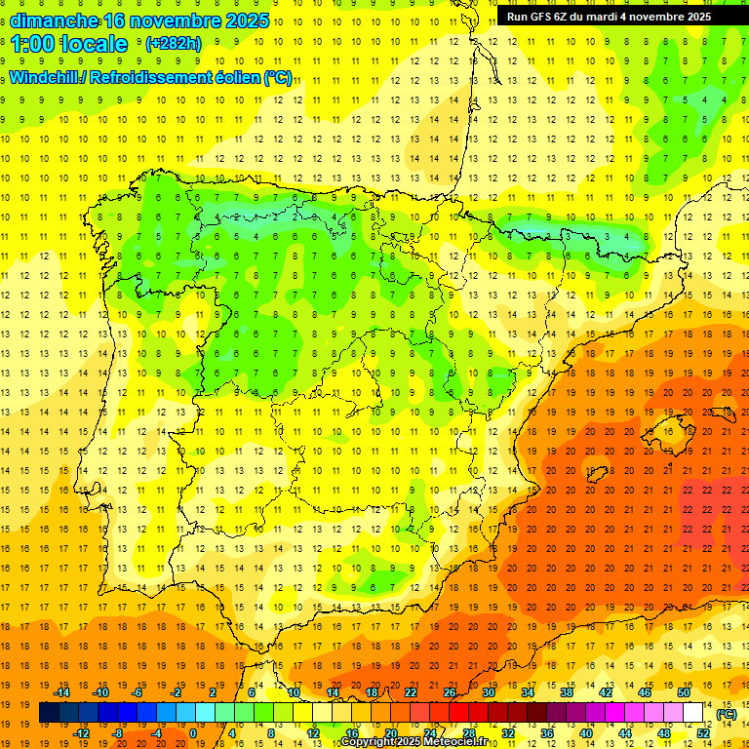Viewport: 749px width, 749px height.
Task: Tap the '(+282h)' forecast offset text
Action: click(174, 44)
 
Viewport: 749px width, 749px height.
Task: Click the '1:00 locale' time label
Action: click(69, 44)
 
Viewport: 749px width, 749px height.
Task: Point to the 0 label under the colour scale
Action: click(193, 733)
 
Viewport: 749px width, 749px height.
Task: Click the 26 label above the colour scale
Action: click(450, 692)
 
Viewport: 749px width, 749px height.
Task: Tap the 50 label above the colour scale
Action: click(684, 692)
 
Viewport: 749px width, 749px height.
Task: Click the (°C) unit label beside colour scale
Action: click(727, 714)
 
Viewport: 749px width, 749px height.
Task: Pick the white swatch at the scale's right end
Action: click(693, 713)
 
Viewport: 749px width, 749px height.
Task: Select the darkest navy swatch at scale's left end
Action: click(49, 713)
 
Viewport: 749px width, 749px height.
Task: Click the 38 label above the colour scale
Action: click(567, 692)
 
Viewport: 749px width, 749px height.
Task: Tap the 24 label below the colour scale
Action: click(429, 733)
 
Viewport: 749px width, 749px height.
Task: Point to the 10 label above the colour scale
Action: click(294, 692)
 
